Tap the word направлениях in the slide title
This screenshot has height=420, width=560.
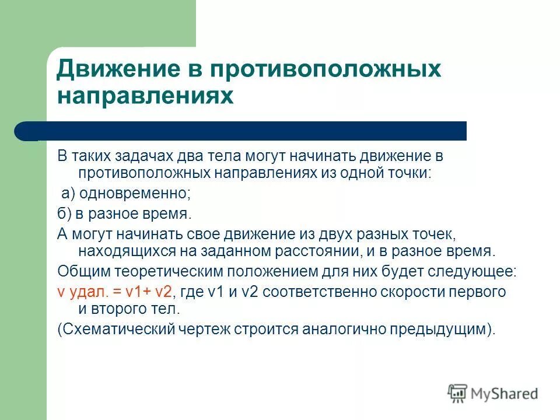pos(145,96)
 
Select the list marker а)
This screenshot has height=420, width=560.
pos(70,193)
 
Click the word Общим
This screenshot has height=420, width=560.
pos(79,271)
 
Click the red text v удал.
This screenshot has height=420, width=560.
pos(81,291)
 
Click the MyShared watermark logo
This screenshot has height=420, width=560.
pos(493,394)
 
